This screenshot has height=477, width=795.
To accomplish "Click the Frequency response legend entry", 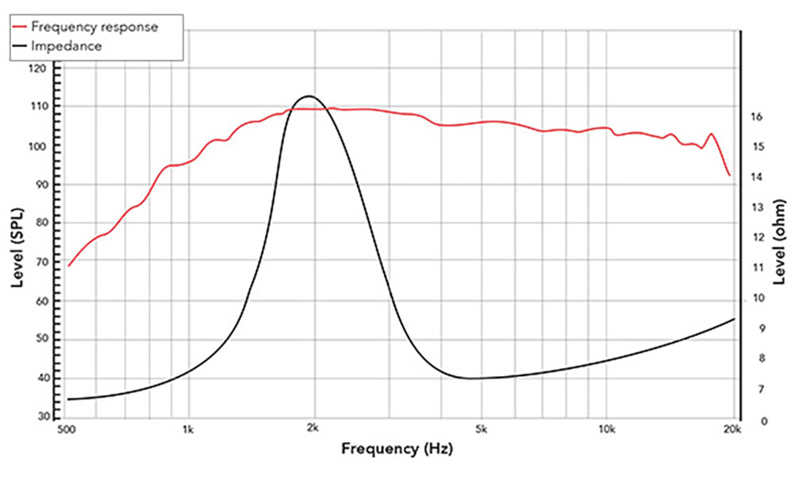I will click(94, 26).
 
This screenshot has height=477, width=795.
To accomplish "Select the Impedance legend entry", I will click(67, 46).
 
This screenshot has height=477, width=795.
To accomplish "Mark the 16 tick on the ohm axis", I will click(757, 117).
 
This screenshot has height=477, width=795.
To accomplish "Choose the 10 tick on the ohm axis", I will click(757, 298).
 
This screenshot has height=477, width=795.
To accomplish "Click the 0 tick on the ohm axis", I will click(757, 421).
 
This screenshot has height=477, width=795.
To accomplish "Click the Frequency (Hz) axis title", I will click(397, 450).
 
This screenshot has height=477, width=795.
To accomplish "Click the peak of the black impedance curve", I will click(307, 95).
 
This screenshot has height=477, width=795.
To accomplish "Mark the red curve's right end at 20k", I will click(730, 176).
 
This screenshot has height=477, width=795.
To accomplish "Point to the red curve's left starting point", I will click(68, 266).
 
